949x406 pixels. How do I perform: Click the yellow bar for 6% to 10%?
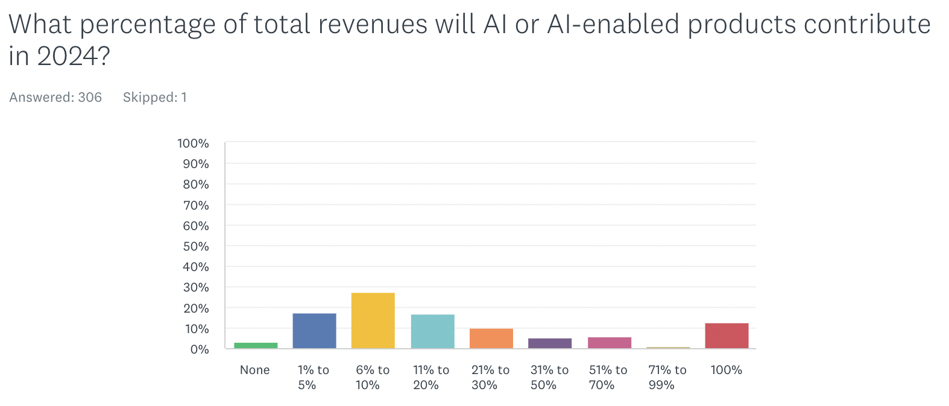click(x=373, y=320)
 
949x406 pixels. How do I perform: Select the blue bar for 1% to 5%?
click(x=314, y=331)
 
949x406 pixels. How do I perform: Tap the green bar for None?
click(x=256, y=345)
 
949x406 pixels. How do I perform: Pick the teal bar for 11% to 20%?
click(x=432, y=331)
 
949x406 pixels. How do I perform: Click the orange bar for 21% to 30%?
click(x=491, y=338)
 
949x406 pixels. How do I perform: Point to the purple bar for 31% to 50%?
click(x=549, y=343)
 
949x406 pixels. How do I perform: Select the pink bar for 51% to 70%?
click(x=609, y=343)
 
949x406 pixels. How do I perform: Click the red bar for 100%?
click(x=726, y=336)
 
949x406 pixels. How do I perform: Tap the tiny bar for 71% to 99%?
click(x=667, y=348)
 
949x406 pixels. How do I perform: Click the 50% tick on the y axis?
click(x=196, y=246)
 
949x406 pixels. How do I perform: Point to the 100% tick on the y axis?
click(x=193, y=143)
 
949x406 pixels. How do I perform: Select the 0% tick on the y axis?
click(x=199, y=349)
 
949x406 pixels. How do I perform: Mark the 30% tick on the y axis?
click(x=196, y=287)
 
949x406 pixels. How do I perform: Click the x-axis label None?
click(x=254, y=370)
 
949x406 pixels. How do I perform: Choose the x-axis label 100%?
click(x=726, y=370)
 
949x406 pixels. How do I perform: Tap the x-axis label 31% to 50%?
click(x=549, y=378)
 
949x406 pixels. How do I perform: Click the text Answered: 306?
click(x=55, y=98)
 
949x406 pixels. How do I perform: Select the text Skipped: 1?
click(x=155, y=98)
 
